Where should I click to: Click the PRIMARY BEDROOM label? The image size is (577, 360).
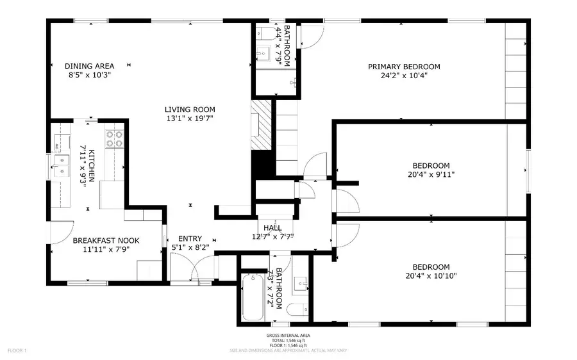point(404,67)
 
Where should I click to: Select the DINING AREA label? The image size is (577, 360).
point(90,66)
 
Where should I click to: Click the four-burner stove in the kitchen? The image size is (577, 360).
point(115,140)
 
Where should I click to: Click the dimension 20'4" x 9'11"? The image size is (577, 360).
point(431,174)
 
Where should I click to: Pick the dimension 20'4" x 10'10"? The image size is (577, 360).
point(431,276)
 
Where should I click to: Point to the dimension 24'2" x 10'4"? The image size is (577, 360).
point(404,75)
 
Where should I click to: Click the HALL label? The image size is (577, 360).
point(272,228)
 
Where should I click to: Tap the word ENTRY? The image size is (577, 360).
point(190,238)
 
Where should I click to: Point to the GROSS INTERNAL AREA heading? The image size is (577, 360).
point(285,335)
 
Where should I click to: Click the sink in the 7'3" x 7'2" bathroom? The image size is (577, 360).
point(301,282)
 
